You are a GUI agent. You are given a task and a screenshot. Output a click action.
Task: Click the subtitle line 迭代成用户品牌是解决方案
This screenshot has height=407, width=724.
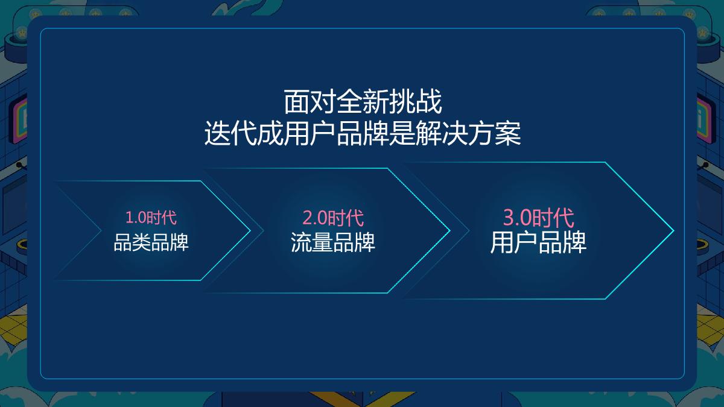pos(363,134)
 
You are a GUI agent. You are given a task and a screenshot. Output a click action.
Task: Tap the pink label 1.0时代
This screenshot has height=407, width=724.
pos(151,217)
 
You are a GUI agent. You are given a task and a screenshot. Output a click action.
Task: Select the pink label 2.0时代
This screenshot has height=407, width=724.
pos(333,217)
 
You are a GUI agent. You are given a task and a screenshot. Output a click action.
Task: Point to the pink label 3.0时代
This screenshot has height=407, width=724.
pos(538,217)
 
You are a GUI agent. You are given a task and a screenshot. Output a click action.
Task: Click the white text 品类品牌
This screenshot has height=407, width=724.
pos(151,242)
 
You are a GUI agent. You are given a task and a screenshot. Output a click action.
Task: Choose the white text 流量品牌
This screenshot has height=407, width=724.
pos(333,242)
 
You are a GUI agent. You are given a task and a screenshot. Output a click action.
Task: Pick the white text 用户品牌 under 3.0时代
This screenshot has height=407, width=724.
pos(538,242)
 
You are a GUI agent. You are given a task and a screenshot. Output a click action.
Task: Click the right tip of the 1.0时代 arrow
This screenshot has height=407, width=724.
pos(249,230)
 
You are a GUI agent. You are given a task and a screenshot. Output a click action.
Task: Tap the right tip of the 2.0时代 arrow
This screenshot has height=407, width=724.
pos(449,230)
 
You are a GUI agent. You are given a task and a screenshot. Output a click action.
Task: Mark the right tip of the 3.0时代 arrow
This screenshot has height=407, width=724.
pos(673,230)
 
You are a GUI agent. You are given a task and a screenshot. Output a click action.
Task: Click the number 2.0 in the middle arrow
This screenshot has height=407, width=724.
pos(315,217)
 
